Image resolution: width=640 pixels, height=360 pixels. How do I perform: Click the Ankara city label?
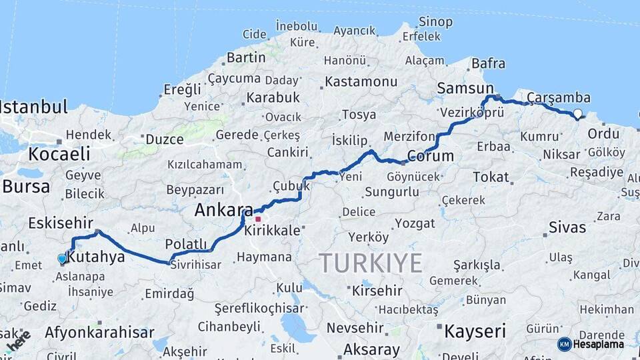[223, 211]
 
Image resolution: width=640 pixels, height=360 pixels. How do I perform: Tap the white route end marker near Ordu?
[577, 114]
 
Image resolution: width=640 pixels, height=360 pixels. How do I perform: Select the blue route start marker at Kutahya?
[62, 258]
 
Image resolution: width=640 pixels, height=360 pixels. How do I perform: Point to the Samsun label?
[465, 88]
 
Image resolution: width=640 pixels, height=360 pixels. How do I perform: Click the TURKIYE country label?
[370, 263]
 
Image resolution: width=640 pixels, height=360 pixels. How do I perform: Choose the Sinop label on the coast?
[436, 22]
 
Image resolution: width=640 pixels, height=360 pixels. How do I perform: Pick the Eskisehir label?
[60, 223]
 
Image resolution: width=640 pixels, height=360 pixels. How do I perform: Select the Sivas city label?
[567, 227]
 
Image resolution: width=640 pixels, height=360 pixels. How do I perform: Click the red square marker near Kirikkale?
[258, 219]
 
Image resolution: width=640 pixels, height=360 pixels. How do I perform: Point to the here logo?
[18, 340]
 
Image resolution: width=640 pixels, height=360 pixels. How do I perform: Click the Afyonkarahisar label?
[99, 332]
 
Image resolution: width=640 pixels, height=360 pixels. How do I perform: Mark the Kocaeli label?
[59, 154]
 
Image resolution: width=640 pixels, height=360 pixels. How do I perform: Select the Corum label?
[430, 157]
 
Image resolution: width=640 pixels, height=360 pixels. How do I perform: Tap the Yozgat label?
[415, 223]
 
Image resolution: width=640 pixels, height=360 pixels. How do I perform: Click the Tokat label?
[490, 177]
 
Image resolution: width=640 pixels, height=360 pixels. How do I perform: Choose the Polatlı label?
[186, 244]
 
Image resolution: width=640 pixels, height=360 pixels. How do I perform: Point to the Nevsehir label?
[355, 328]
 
